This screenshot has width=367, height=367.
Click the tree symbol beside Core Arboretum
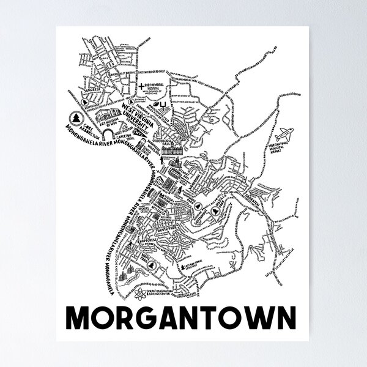(x=76, y=117)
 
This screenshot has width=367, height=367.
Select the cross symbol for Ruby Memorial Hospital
(x=141, y=86)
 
